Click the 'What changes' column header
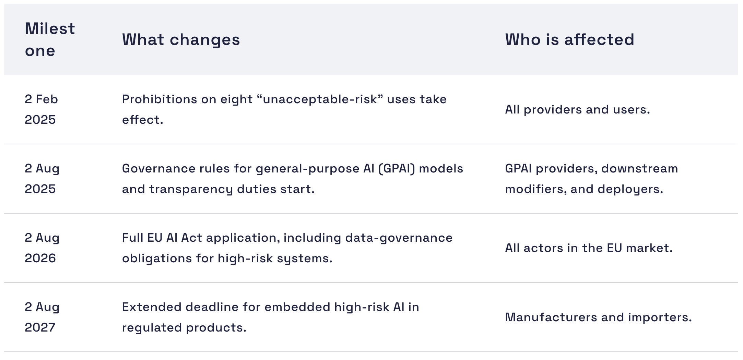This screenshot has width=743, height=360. (181, 40)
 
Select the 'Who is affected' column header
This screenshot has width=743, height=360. (569, 40)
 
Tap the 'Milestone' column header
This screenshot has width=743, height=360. (50, 40)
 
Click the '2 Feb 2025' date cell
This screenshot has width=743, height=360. (42, 109)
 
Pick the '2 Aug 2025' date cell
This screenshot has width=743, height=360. (42, 179)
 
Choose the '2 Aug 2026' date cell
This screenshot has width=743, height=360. (42, 248)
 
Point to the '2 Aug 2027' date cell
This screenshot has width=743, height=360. (42, 317)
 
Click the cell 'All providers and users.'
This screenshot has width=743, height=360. (577, 110)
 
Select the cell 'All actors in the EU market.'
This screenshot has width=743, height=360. (589, 248)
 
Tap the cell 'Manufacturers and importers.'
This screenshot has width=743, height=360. (598, 317)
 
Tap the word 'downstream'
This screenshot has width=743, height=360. (639, 169)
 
